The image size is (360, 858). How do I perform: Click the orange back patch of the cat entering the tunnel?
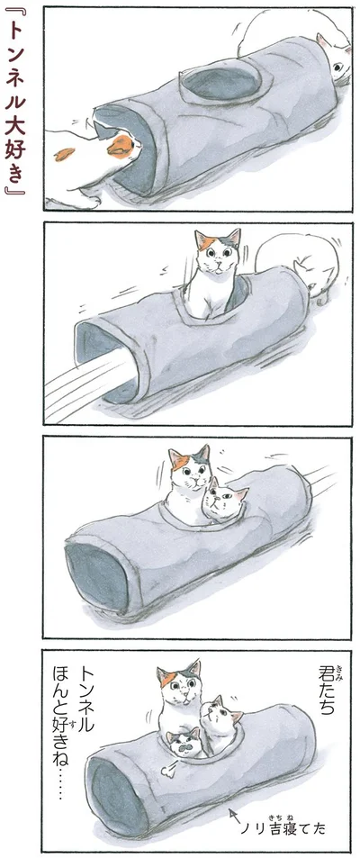[121, 146]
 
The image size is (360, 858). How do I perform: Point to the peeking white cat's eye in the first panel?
[337, 68]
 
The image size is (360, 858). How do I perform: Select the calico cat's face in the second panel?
[218, 254]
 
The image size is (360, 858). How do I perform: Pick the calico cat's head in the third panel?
[189, 468]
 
